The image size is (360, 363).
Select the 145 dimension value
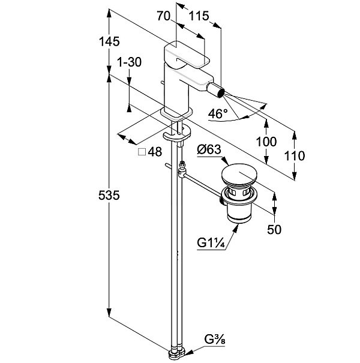[110, 41]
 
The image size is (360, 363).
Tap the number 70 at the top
[164, 17]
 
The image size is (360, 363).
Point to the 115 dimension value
[198, 17]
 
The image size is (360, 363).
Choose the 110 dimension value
[295, 156]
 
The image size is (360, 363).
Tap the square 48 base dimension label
[150, 152]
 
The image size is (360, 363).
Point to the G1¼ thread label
[211, 243]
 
